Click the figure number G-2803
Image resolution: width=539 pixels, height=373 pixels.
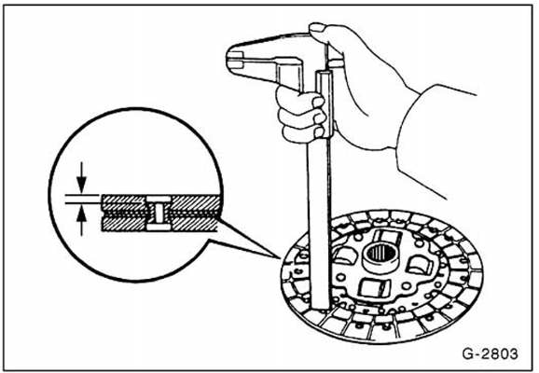pos(490,353)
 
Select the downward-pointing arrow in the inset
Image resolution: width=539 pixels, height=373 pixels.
pos(81,177)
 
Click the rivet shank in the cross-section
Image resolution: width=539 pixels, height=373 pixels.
pos(159,214)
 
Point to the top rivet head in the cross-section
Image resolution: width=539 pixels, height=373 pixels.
pos(159,199)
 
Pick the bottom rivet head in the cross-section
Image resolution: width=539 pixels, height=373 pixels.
pos(159,227)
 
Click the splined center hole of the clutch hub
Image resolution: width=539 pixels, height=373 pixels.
pos(380,254)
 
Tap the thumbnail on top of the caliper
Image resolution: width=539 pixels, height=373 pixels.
pos(317,27)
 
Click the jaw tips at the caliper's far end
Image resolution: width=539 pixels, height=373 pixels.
pos(235,60)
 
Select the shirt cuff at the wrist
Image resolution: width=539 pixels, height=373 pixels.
pos(436,137)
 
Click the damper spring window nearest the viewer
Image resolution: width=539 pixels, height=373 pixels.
pos(375,288)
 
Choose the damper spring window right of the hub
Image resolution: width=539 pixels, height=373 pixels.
pos(420,266)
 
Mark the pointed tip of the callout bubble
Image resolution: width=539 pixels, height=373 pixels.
pos(279,257)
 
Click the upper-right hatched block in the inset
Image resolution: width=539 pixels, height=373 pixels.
pos(195,203)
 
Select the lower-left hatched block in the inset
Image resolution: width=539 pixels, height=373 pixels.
pos(124,224)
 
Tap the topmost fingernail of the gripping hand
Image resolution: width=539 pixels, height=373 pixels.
pos(318,102)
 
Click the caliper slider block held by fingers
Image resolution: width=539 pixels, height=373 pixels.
pos(325,104)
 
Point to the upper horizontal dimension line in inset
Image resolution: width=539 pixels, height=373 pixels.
pos(82,195)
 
